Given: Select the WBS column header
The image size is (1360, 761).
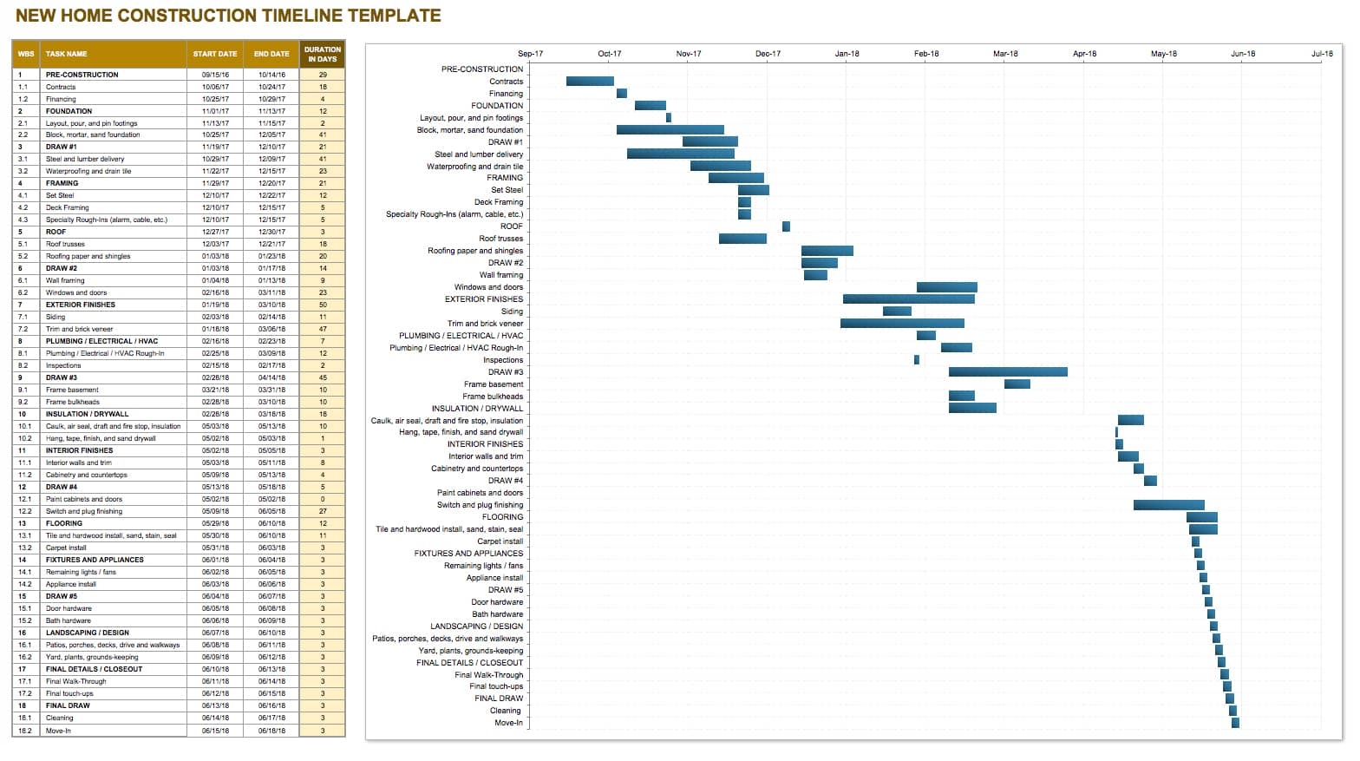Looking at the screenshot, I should [26, 54].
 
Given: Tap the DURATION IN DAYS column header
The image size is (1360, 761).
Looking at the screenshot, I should [322, 54].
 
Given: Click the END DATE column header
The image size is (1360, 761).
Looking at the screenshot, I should [271, 54].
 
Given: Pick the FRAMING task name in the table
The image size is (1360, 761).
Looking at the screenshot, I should [62, 183].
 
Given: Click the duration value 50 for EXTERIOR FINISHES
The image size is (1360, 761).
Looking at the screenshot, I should [323, 305].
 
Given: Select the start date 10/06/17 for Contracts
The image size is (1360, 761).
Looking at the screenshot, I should [215, 87].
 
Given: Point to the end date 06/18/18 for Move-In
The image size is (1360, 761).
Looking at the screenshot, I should [271, 731].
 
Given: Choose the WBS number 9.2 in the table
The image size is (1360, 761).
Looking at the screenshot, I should [23, 402].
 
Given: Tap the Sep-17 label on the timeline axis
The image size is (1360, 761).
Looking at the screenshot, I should [530, 54].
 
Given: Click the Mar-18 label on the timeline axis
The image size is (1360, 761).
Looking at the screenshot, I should [1005, 54].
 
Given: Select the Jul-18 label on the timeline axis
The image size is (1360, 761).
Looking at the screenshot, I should [1322, 54].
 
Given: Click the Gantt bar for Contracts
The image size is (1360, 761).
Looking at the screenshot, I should [590, 82].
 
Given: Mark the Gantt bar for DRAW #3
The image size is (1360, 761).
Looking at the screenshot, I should [1008, 372].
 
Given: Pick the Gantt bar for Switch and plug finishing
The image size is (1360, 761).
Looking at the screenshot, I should [1168, 505].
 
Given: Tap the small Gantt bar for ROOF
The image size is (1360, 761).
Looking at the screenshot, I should [786, 226].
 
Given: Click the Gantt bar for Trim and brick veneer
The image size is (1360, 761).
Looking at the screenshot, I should [902, 324].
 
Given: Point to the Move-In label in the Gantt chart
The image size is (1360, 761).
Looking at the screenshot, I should [508, 723].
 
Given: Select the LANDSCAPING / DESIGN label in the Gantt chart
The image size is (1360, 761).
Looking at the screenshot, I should [476, 626].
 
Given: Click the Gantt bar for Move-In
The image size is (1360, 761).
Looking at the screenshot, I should [1235, 723].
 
